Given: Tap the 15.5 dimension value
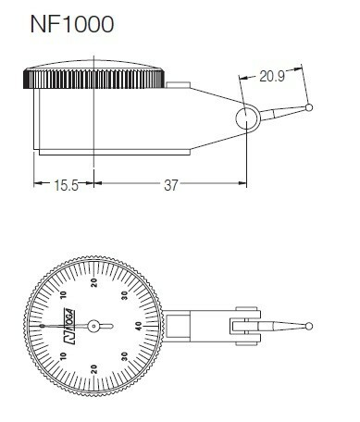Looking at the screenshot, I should tap(64, 187).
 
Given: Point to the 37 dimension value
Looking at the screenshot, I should tap(170, 187).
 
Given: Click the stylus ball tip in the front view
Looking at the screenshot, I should tap(308, 325).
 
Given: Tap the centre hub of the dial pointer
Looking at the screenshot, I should tap(95, 325).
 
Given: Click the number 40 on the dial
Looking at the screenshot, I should tap(138, 325).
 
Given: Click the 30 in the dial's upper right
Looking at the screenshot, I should tap(124, 295).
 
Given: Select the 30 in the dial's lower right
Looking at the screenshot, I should tap(124, 354).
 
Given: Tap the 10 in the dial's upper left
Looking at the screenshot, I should tap(65, 295).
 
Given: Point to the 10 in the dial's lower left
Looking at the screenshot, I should tap(65, 354).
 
